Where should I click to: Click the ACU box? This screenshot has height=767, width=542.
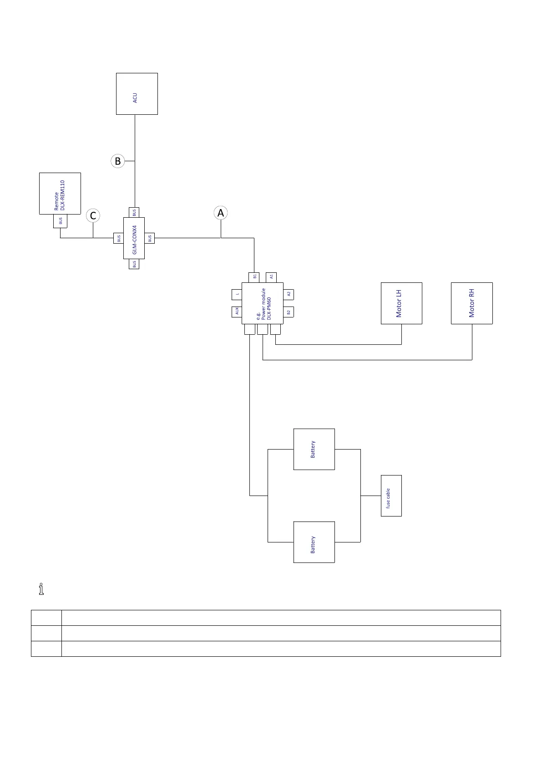coord(137,94)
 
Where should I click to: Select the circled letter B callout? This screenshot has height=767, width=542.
coord(117,161)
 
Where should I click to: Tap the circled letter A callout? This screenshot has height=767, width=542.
coord(221,213)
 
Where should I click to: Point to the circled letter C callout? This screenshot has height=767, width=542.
coord(93,215)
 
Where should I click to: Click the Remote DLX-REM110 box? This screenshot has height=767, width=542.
coord(60,194)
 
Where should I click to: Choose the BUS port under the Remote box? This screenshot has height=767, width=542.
coord(60,221)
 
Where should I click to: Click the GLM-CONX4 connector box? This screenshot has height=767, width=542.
coord(134,238)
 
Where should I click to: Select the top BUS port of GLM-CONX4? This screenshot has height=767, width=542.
coord(134,212)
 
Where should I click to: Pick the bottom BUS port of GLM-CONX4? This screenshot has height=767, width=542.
coord(134,264)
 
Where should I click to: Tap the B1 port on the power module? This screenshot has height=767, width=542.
coord(254,277)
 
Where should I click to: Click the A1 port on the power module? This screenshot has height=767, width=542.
coord(271,277)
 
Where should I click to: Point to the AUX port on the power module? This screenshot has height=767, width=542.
coord(237,312)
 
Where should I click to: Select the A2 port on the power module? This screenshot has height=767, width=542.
coord(289,294)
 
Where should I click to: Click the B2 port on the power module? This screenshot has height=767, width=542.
coord(289,312)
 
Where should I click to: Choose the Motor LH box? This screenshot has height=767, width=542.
coord(401,303)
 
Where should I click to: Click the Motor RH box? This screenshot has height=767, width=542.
coord(471,303)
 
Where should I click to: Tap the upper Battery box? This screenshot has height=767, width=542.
coord(314,449)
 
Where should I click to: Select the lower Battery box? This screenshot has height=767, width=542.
coord(314,542)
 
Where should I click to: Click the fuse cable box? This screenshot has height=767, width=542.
coord(391,496)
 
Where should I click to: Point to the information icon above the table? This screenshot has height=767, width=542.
coord(41,589)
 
